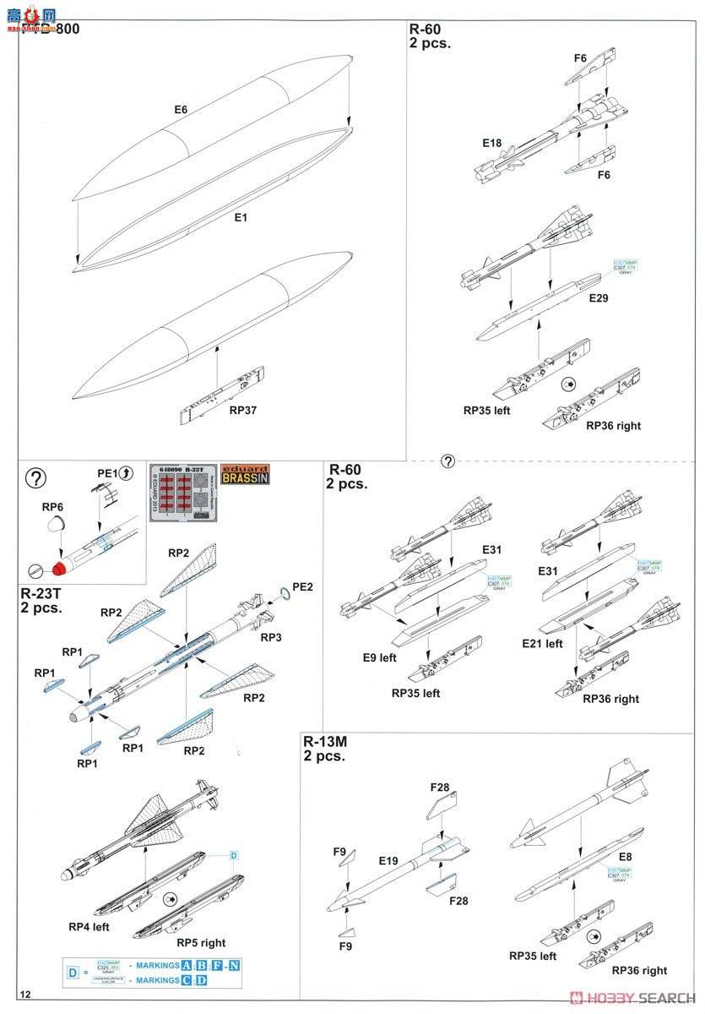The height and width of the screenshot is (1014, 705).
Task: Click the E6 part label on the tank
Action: [180, 110]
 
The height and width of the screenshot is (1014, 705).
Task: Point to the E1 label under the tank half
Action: [241, 217]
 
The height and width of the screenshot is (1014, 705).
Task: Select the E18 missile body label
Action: [491, 143]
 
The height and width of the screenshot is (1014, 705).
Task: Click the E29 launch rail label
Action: [598, 299]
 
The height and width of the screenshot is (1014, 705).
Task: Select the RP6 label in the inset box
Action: [52, 508]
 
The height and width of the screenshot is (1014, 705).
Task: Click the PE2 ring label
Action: [303, 585]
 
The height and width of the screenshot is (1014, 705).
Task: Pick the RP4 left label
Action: [89, 926]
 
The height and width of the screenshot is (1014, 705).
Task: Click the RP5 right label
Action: [201, 942]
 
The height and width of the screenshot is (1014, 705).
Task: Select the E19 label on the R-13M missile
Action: [388, 861]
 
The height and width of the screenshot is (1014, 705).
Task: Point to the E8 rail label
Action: [625, 857]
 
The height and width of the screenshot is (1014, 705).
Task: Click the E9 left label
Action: [376, 657]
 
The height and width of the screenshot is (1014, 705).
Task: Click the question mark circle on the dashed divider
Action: [447, 461]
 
